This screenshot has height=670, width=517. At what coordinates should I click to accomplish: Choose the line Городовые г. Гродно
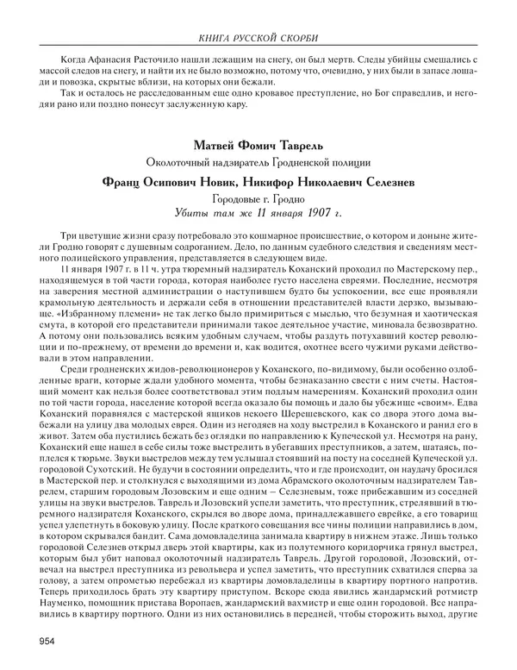[258, 197]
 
